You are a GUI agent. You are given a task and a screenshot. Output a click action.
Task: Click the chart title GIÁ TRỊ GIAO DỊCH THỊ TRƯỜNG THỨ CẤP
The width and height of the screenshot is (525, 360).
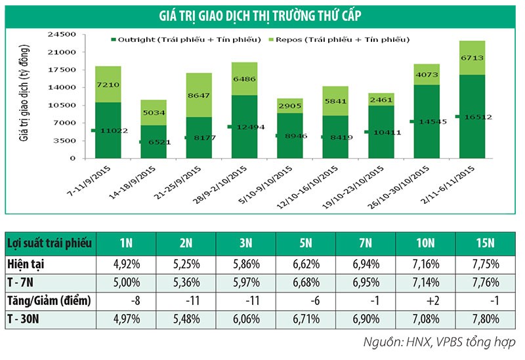click(x=262, y=14)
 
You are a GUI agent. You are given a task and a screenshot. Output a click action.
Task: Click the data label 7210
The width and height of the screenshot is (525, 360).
click(x=108, y=85)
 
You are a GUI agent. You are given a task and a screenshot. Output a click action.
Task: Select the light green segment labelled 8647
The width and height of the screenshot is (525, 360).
click(x=198, y=95)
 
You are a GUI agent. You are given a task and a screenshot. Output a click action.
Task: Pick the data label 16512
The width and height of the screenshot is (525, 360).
click(x=478, y=117)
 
